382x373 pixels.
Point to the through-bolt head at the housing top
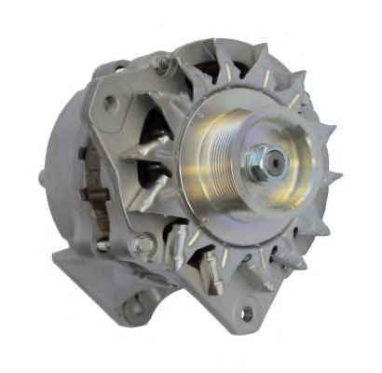click(165, 65)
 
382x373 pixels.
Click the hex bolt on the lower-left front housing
click(144, 245)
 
